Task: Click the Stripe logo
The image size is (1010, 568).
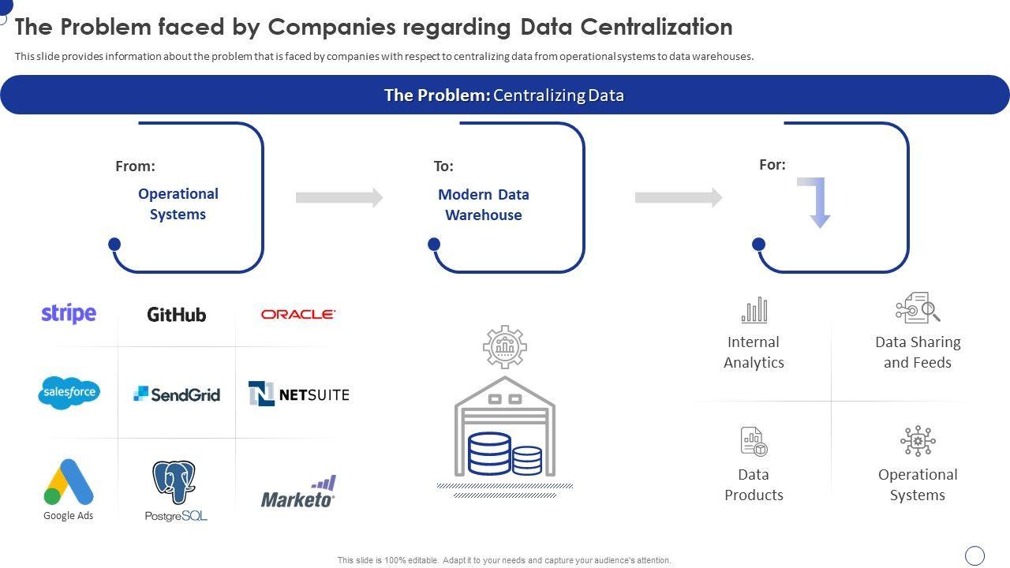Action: tap(69, 313)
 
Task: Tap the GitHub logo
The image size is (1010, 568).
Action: tap(177, 314)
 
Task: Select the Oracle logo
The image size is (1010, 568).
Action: tap(298, 314)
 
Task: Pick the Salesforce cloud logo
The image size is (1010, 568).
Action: tap(69, 393)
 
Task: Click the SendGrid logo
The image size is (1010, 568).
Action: tap(177, 394)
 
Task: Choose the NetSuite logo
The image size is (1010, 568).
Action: tap(298, 394)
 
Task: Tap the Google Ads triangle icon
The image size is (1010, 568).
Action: tap(69, 481)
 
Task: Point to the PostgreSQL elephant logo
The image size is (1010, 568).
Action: tap(174, 483)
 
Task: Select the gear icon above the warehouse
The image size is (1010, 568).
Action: tap(505, 346)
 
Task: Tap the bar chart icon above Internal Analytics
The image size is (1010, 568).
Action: tap(754, 310)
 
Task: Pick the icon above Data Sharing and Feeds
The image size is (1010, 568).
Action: tap(918, 308)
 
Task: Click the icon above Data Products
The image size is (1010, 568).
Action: tap(754, 441)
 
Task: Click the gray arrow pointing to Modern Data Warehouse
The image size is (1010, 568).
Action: tap(339, 197)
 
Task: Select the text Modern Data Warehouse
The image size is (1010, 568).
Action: tap(484, 204)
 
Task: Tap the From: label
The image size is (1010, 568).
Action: tap(135, 166)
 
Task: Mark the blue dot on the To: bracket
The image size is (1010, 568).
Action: tap(434, 245)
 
